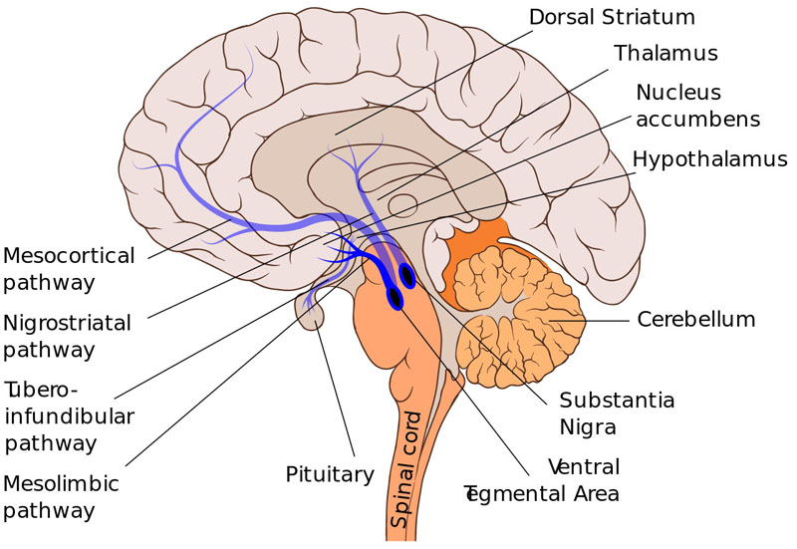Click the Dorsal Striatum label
click(612, 17)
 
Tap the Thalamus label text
click(664, 52)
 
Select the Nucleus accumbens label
click(697, 106)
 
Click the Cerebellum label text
click(696, 320)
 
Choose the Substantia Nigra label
click(617, 413)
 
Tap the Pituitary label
click(329, 474)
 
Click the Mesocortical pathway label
click(69, 269)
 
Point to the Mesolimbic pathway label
click(62, 497)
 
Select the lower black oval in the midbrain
click(396, 297)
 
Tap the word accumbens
click(697, 120)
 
